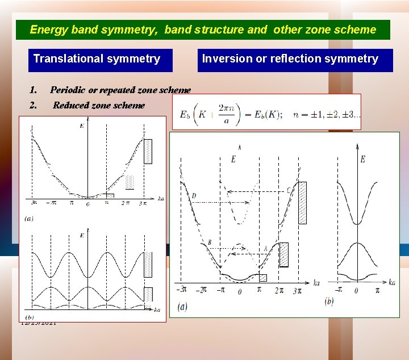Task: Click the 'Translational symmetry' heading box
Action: pos(97,59)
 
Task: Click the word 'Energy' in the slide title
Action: pos(48,30)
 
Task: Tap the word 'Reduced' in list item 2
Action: pos(72,105)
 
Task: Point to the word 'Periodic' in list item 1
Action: pos(68,90)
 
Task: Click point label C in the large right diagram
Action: pos(290,190)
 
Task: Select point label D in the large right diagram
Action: pos(194,196)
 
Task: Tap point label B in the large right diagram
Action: pos(209,242)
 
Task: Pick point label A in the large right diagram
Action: pos(265,248)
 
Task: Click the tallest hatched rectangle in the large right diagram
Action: pos(302,202)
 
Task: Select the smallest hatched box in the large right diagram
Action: pos(262,278)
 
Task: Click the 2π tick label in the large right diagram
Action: pos(279,290)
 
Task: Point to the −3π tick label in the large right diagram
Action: pos(182,290)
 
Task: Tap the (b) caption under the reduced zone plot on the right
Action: pos(328,301)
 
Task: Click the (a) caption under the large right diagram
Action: pos(182,307)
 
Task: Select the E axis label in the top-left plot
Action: pos(82,125)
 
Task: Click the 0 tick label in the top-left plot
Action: pos(87,204)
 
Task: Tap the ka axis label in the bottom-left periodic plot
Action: pos(157,309)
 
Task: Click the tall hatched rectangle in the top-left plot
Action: pos(148,151)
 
